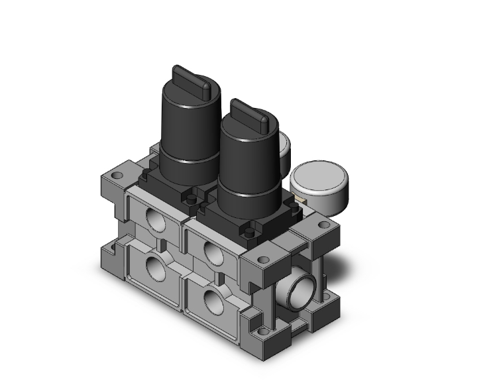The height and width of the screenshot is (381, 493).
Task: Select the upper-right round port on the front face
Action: point(213,252)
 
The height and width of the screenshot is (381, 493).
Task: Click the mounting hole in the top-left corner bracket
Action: point(117,177)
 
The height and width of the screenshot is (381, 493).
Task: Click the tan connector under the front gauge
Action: point(300,198)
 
